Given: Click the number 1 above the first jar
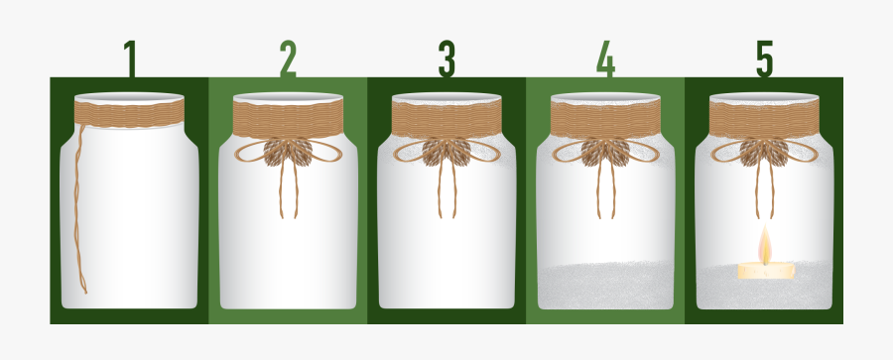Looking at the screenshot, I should pos(129,60).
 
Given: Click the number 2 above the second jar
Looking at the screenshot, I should pos(288,60).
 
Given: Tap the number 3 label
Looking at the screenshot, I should pos(446,60).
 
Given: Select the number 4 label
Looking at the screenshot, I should pos(605,60).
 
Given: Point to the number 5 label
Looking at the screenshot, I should pos(764,60).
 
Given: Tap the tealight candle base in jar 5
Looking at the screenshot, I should pos(765,269).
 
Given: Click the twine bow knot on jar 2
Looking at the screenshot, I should pos(288,151).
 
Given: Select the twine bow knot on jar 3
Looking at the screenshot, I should pos(446,151).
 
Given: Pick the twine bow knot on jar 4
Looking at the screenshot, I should pos(605,151).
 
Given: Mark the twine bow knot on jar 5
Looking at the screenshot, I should pos(764,151).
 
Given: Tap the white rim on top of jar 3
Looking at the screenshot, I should pos(446,98).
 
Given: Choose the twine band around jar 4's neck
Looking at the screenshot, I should pos(605,120).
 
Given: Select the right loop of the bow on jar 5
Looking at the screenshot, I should pos(799,150).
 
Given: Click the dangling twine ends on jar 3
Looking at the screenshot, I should pos(446,193).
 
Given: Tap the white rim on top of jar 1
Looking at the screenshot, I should pos(130,98).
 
